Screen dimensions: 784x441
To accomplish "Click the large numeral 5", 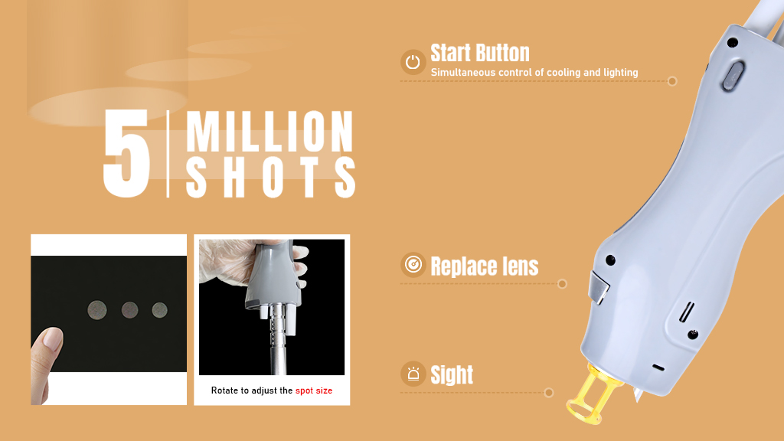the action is pyautogui.click(x=126, y=152).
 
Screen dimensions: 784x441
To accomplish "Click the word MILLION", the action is pyautogui.click(x=270, y=131).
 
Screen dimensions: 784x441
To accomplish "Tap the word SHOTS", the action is pyautogui.click(x=270, y=177).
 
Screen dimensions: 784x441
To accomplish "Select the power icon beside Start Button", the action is pyautogui.click(x=413, y=62).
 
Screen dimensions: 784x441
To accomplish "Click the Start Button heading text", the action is pyautogui.click(x=480, y=53).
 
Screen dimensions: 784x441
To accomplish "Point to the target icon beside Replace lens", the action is pyautogui.click(x=413, y=264).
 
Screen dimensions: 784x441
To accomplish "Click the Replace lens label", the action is pyautogui.click(x=485, y=266).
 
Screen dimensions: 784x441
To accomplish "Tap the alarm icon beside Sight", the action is pyautogui.click(x=413, y=374).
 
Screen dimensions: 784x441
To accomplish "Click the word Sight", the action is pyautogui.click(x=452, y=374).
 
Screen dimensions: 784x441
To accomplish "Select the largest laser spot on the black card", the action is pyautogui.click(x=97, y=310).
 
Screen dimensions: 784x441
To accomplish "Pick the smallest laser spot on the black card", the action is pyautogui.click(x=159, y=310).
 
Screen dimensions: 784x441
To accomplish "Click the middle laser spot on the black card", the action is pyautogui.click(x=129, y=310).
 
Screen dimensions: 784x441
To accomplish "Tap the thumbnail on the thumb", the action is pyautogui.click(x=53, y=338).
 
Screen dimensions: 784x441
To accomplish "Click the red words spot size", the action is pyautogui.click(x=314, y=390).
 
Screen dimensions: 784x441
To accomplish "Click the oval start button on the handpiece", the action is pyautogui.click(x=733, y=76).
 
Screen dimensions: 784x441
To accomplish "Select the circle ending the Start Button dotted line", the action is pyautogui.click(x=672, y=81).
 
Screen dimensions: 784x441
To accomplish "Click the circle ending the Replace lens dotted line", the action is pyautogui.click(x=562, y=284).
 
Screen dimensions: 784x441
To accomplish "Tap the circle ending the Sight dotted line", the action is pyautogui.click(x=548, y=393).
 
